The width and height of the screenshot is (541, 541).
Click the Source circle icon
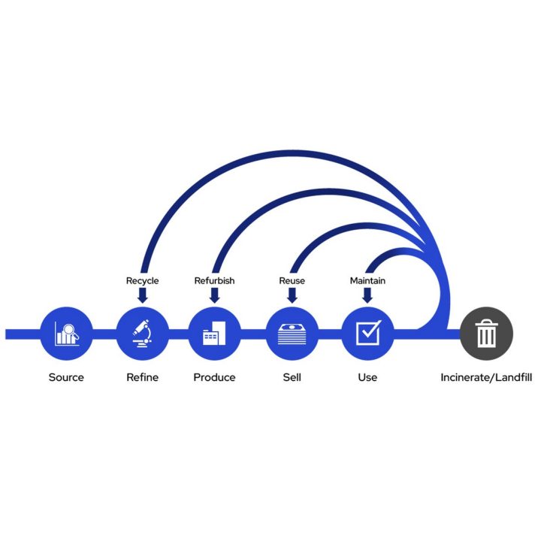click(x=66, y=334)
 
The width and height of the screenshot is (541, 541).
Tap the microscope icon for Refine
click(x=142, y=334)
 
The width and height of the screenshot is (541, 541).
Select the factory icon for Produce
click(x=214, y=334)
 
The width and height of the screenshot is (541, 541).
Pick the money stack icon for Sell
click(x=292, y=334)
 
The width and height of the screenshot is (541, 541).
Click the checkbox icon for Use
click(x=367, y=334)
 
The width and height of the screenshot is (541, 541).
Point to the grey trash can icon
click(x=486, y=334)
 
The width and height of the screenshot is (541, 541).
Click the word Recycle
click(x=142, y=281)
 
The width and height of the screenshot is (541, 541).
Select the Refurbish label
click(x=214, y=281)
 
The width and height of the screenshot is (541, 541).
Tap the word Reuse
click(x=292, y=281)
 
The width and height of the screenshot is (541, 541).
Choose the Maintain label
click(x=367, y=281)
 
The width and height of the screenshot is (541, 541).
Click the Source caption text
click(x=66, y=377)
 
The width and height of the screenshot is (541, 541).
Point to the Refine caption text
click(x=142, y=377)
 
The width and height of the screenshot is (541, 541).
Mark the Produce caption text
click(x=214, y=377)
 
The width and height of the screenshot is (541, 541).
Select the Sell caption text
click(x=292, y=377)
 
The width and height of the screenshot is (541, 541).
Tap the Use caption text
click(x=367, y=377)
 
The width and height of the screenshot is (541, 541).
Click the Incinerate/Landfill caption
click(x=486, y=377)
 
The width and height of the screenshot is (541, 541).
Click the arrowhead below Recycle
click(x=142, y=298)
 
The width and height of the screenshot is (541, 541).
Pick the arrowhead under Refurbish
click(x=214, y=298)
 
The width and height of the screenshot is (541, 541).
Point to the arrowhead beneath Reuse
click(x=292, y=298)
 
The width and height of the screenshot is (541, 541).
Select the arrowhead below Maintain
click(x=367, y=298)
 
